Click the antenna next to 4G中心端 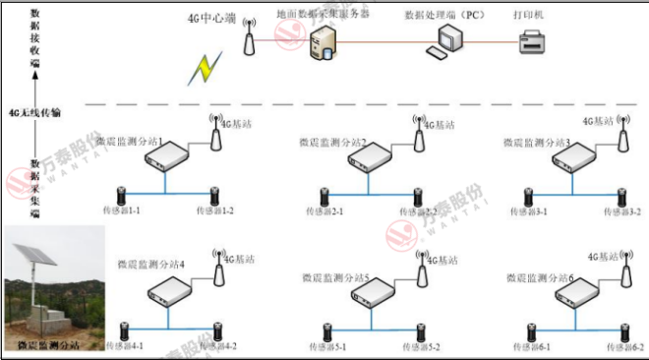pyautogui.click(x=249, y=41)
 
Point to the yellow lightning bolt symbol pyautogui.click(x=206, y=68)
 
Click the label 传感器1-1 pyautogui.click(x=122, y=210)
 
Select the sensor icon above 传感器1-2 pyautogui.click(x=211, y=194)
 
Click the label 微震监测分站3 pyautogui.click(x=537, y=143)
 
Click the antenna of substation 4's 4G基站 pyautogui.click(x=219, y=265)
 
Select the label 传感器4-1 pyautogui.click(x=124, y=346)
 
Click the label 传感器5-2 pyautogui.click(x=420, y=347)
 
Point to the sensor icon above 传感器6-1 pyautogui.click(x=532, y=332)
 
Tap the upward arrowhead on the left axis pyautogui.click(x=35, y=70)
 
